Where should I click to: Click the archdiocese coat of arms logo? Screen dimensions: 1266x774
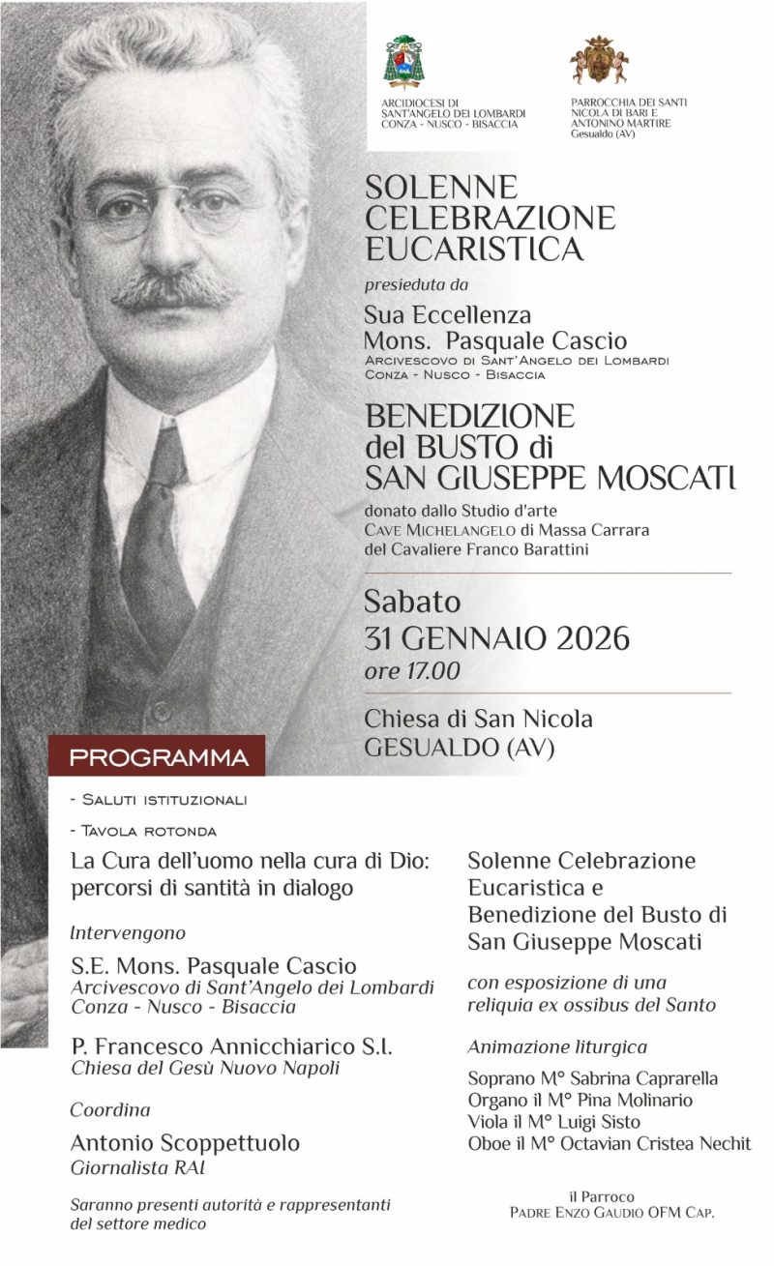click(x=402, y=61)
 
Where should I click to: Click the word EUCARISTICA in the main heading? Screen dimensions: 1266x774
click(x=474, y=250)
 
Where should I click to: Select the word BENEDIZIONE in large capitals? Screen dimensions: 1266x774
click(x=469, y=417)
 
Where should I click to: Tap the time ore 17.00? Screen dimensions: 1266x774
click(x=412, y=670)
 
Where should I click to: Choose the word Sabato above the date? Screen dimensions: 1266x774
click(x=413, y=603)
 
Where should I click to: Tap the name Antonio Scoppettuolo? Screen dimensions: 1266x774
click(x=185, y=1143)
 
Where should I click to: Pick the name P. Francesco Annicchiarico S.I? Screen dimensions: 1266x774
click(x=231, y=1046)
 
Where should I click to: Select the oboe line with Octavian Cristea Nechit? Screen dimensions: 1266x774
click(x=609, y=1144)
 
